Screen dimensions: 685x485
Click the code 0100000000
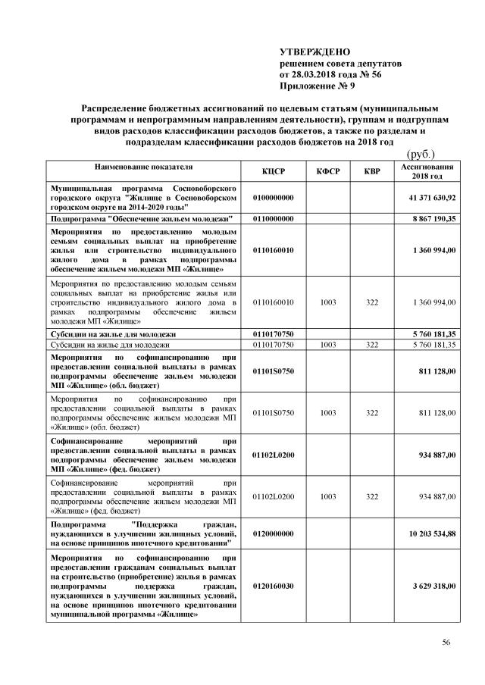tap(273, 197)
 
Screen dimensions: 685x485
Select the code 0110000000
tap(273, 218)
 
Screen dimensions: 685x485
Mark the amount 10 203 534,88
tap(431, 533)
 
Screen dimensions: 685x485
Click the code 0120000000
tap(273, 533)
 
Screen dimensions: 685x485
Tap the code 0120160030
tap(273, 586)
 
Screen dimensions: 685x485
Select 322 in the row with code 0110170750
tap(371, 344)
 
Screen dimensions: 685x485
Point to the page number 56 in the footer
tap(446, 643)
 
